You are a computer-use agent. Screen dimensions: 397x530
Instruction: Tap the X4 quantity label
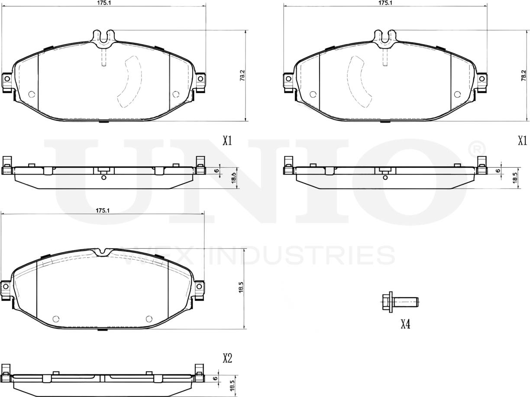[x=405, y=324]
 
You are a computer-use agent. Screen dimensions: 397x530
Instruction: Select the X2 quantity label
[x=227, y=358]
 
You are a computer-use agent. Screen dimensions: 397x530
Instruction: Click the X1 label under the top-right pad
[x=522, y=140]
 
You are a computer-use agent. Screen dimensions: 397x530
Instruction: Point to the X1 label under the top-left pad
[x=227, y=140]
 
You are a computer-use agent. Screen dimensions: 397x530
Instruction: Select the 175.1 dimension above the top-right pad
[x=385, y=3]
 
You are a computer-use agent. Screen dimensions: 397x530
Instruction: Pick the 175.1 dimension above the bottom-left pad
[x=102, y=210]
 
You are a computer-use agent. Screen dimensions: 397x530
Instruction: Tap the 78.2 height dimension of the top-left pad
[x=242, y=76]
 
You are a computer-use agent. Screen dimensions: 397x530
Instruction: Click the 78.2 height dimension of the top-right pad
[x=523, y=76]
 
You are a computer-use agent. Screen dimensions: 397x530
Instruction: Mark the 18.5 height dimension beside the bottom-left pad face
[x=241, y=288]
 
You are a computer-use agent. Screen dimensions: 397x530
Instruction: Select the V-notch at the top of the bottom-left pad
[x=103, y=251]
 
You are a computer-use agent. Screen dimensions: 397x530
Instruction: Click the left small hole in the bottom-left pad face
[x=55, y=319]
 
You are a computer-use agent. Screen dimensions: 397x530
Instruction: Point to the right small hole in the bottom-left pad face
[x=149, y=319]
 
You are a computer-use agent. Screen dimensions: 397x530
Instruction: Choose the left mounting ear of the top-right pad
[x=288, y=80]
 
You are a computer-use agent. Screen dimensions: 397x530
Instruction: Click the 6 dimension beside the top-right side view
[x=498, y=170]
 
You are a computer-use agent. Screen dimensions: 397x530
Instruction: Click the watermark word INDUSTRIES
[x=301, y=256]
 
